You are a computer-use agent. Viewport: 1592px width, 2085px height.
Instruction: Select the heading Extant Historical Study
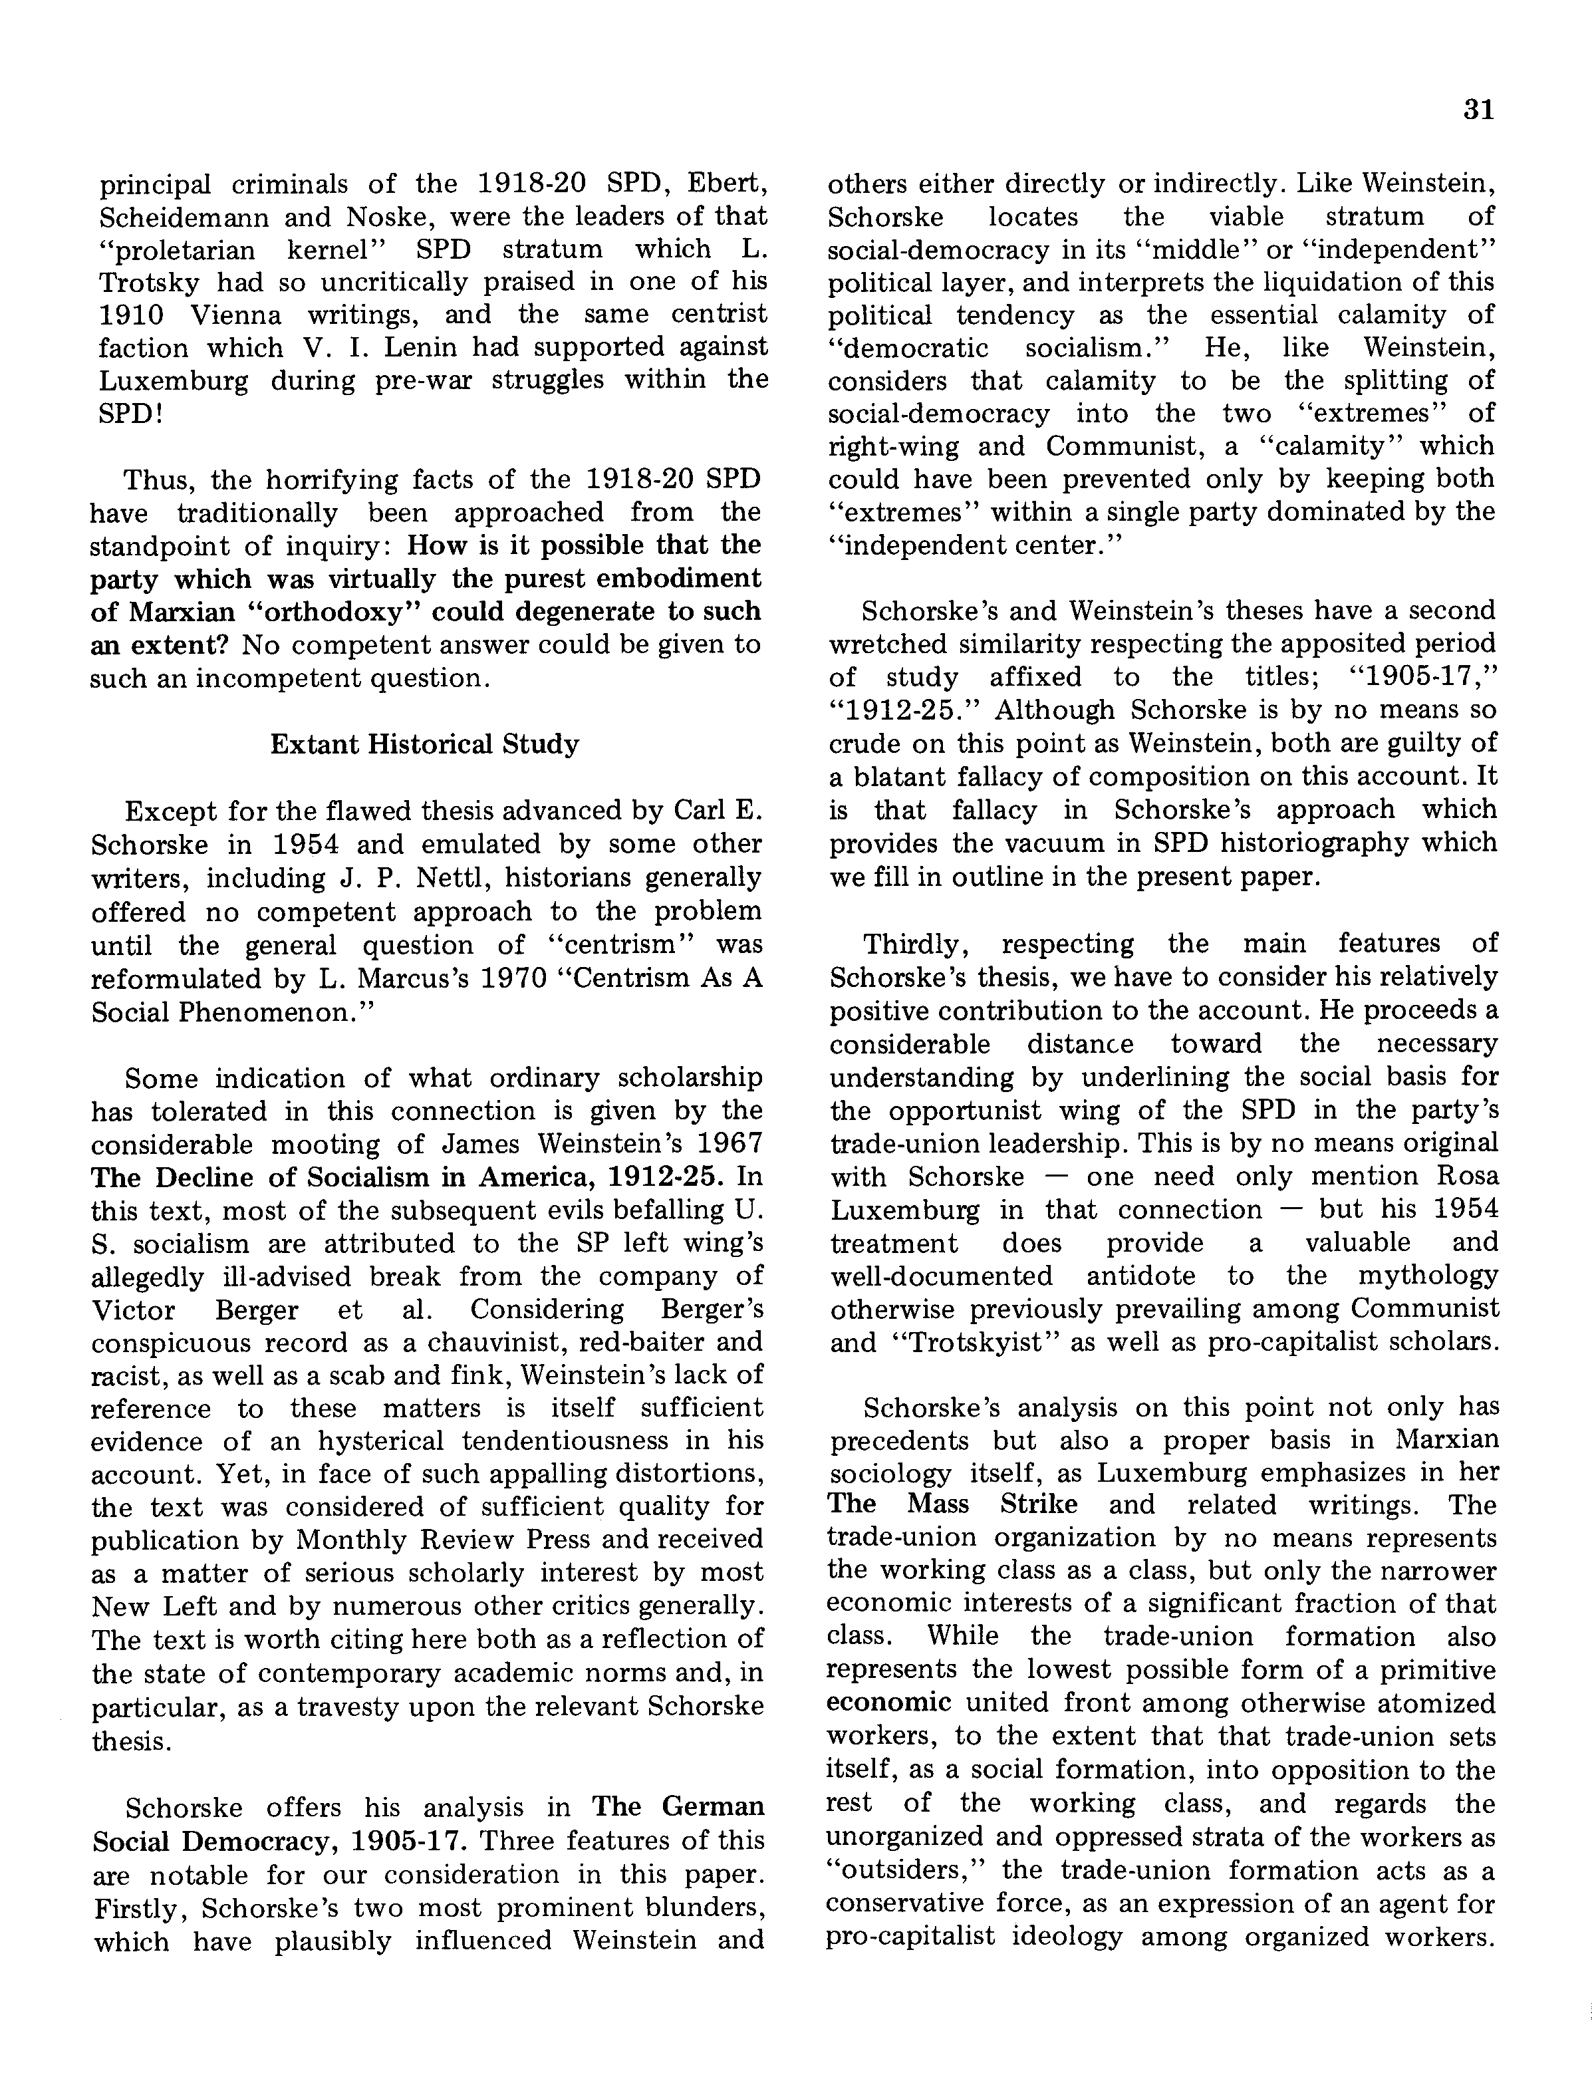point(424,744)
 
